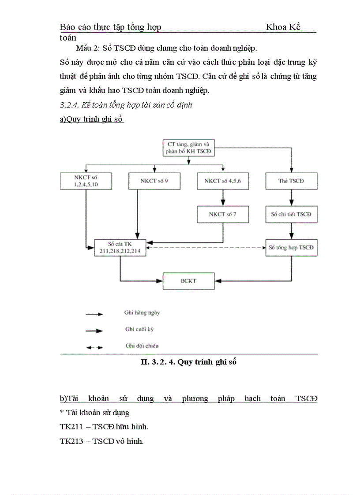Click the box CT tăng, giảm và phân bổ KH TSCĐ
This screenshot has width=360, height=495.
(189, 148)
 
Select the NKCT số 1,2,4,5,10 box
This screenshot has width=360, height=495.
(86, 181)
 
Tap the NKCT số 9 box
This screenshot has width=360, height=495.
(154, 181)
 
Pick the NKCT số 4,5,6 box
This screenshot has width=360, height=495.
(223, 181)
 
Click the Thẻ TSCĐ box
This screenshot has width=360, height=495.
(291, 181)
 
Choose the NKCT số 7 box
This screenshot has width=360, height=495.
(223, 214)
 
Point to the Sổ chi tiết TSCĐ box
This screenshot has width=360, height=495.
(291, 214)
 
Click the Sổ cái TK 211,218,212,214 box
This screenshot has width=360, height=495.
(120, 248)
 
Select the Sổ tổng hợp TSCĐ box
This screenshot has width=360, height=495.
(291, 248)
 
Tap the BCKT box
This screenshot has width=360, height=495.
(189, 281)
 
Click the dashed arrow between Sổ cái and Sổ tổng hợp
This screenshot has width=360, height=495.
(206, 248)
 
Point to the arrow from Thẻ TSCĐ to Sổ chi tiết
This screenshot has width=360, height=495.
(291, 198)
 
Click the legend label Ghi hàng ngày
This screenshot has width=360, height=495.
(142, 313)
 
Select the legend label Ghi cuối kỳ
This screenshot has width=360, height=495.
(139, 329)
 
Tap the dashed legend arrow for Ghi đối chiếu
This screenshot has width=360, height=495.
(94, 347)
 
